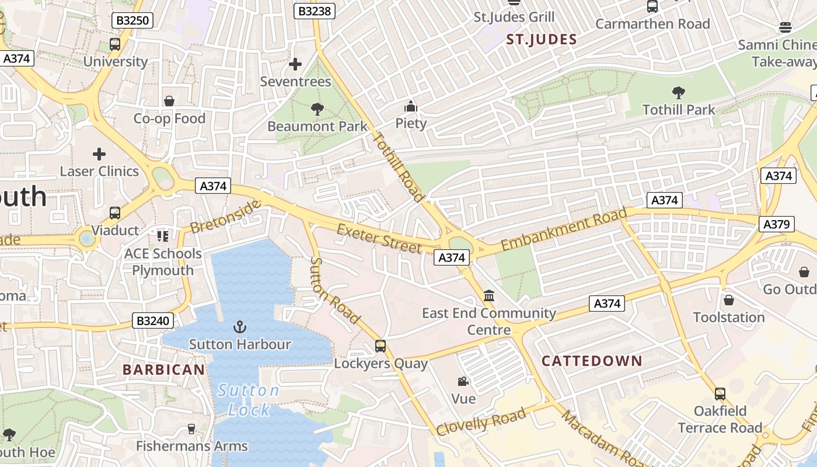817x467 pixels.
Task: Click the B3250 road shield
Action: click(132, 21)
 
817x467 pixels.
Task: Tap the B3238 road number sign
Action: click(315, 11)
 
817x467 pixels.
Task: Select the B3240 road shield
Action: click(153, 320)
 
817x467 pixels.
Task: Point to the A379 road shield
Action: click(777, 224)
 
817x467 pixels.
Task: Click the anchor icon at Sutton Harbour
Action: click(240, 327)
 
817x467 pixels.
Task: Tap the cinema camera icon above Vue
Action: click(463, 382)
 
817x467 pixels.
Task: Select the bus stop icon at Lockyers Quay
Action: click(380, 346)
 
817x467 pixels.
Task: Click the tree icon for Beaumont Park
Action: click(317, 109)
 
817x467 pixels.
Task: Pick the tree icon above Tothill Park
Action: click(678, 92)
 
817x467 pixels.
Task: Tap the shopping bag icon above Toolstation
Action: click(729, 300)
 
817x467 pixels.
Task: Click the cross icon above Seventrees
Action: click(295, 64)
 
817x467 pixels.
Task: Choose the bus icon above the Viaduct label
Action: click(115, 213)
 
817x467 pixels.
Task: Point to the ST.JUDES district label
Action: click(542, 40)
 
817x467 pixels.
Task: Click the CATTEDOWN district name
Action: click(592, 361)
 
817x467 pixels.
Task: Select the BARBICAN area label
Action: click(164, 370)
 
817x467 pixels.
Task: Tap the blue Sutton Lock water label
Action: click(249, 400)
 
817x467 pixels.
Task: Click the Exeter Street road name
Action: click(379, 238)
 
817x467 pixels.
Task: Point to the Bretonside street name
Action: click(225, 216)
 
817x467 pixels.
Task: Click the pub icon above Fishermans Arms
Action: click(191, 429)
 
